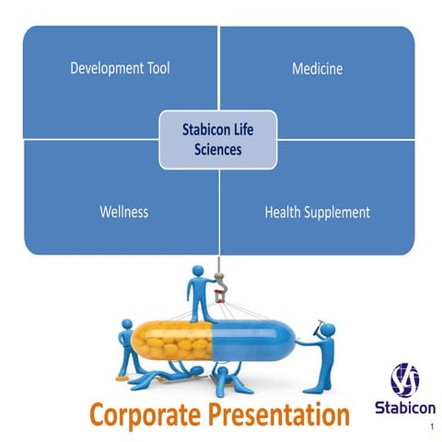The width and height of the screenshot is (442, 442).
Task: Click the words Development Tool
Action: click(120, 68)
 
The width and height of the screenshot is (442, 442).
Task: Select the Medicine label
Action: click(317, 68)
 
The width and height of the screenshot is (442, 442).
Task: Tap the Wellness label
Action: click(123, 212)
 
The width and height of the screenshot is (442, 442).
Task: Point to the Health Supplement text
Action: click(317, 212)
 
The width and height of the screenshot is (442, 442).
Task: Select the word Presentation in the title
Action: click(281, 413)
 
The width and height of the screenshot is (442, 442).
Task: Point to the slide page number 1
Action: click(431, 428)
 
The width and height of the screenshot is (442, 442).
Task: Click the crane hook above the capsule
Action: click(219, 294)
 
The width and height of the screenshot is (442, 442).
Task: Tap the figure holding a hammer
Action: click(322, 355)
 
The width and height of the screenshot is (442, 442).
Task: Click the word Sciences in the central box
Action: click(217, 147)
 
